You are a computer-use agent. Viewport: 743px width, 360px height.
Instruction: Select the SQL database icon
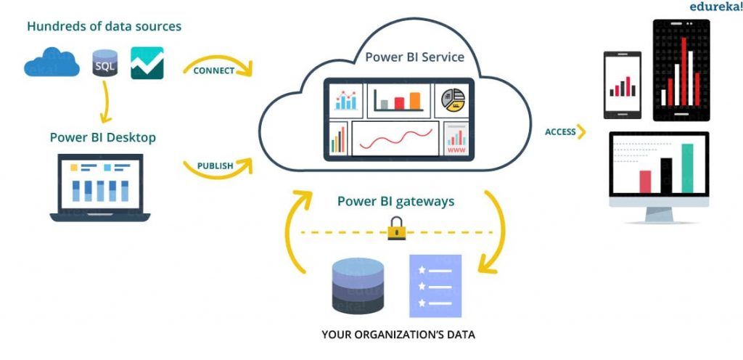pyautogui.click(x=105, y=64)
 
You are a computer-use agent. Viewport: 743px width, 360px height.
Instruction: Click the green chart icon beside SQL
pyautogui.click(x=147, y=63)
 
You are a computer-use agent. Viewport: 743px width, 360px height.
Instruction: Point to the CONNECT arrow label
pyautogui.click(x=214, y=70)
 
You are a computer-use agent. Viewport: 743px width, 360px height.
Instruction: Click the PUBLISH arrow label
pyautogui.click(x=215, y=165)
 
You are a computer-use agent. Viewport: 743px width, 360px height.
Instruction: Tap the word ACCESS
pyautogui.click(x=560, y=132)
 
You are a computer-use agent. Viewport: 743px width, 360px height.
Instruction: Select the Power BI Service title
pyautogui.click(x=414, y=57)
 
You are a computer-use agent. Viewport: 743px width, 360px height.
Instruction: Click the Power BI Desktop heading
pyautogui.click(x=102, y=137)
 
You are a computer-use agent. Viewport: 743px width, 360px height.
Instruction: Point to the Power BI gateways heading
pyautogui.click(x=395, y=201)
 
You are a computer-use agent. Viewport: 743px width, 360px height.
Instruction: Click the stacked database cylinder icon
pyautogui.click(x=357, y=285)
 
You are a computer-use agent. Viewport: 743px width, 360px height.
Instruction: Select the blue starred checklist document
pyautogui.click(x=435, y=285)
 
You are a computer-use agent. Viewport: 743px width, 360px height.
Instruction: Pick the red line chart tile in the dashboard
pyautogui.click(x=395, y=138)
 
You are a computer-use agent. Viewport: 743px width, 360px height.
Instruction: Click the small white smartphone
pyautogui.click(x=623, y=85)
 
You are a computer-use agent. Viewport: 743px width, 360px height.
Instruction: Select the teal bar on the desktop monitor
pyautogui.click(x=687, y=168)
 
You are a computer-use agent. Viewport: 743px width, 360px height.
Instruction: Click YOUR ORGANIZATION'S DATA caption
pyautogui.click(x=398, y=335)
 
